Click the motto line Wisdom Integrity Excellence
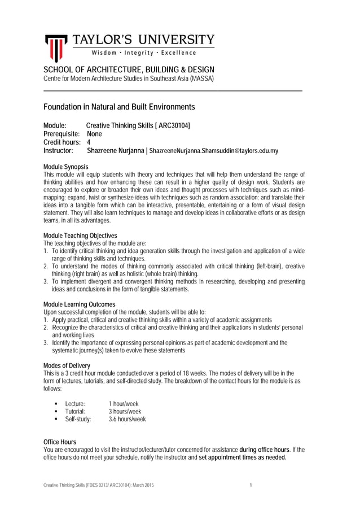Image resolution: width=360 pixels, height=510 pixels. click(x=144, y=53)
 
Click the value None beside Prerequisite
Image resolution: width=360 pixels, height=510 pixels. click(x=94, y=134)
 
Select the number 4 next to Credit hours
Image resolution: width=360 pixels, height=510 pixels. click(x=89, y=142)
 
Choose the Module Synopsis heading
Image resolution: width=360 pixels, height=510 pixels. click(x=66, y=167)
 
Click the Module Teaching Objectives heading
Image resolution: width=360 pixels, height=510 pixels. click(x=80, y=235)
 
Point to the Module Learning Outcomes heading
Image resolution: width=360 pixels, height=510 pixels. click(x=79, y=304)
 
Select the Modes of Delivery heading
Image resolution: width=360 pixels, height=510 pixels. click(x=67, y=365)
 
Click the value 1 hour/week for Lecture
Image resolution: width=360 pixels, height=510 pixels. click(x=124, y=404)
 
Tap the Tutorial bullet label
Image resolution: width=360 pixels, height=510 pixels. click(x=74, y=412)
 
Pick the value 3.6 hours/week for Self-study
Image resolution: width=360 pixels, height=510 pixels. click(x=127, y=420)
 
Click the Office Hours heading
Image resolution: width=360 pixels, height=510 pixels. click(x=60, y=442)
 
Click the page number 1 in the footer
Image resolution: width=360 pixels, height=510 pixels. click(x=250, y=486)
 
